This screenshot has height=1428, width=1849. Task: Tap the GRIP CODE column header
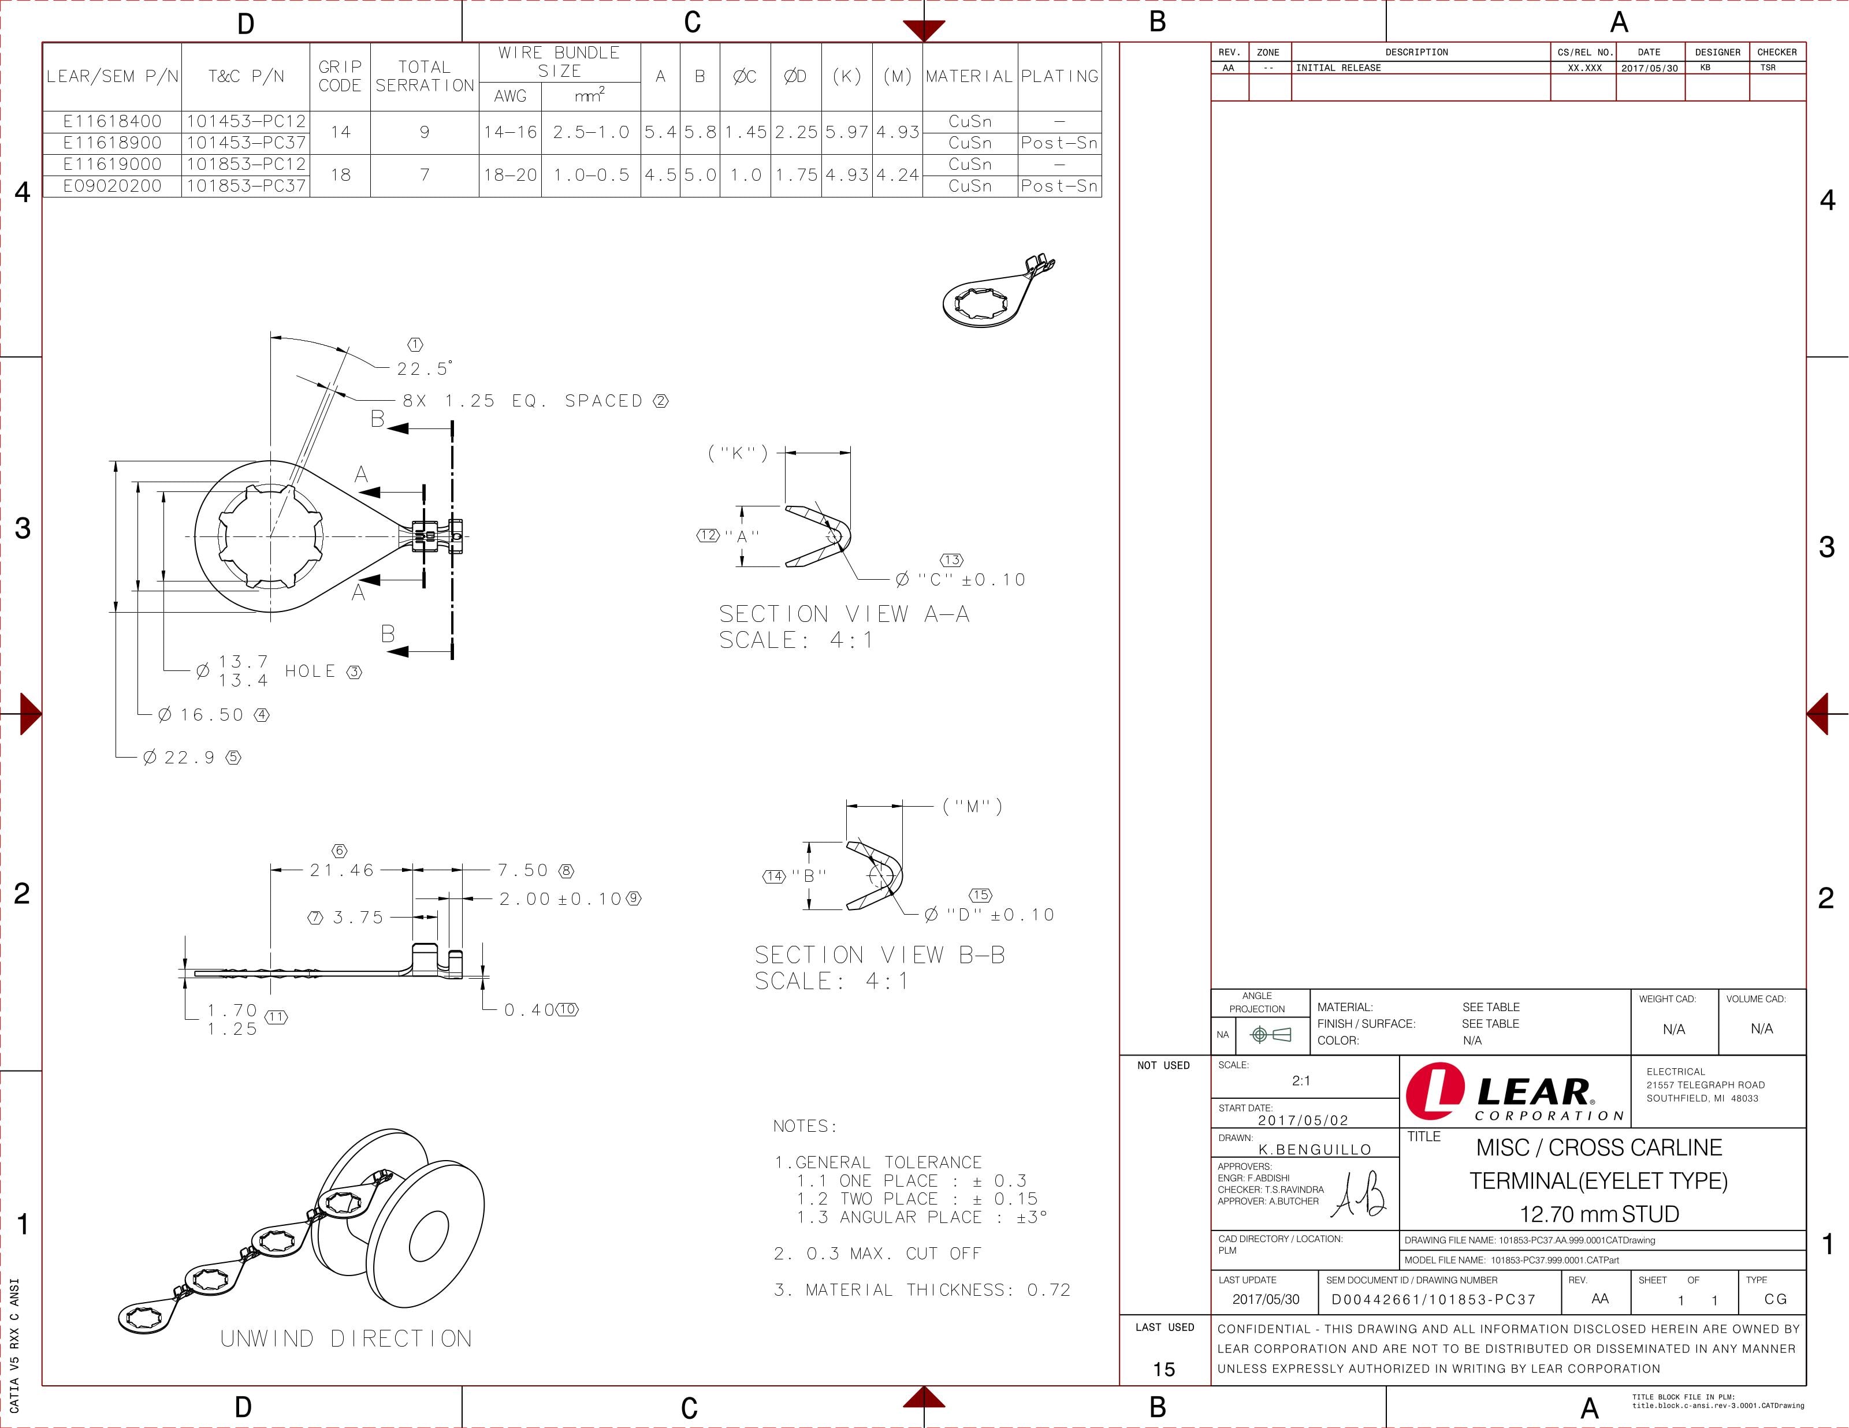coord(340,76)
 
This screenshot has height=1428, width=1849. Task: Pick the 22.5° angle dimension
coord(424,369)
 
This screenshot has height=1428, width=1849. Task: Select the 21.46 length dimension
coord(341,870)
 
